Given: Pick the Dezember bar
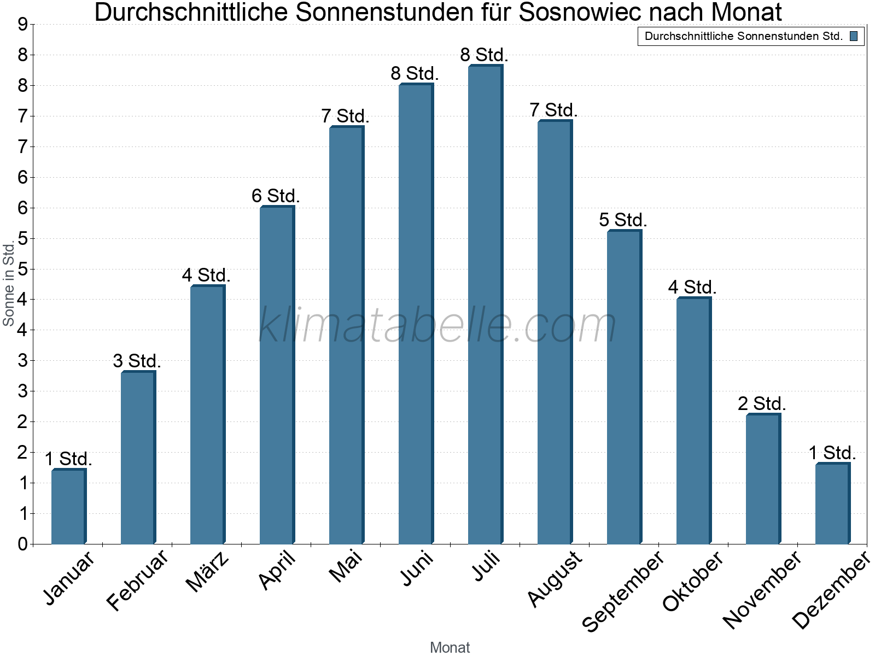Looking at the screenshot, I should coord(832,503).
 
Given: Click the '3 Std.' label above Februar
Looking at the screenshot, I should coord(137,361).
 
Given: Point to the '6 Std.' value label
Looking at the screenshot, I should coord(276,196).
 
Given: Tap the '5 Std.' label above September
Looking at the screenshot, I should coord(623,220).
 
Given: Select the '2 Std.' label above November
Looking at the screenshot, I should coord(762,404).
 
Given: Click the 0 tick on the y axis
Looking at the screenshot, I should coord(22,544).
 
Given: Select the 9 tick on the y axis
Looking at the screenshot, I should coord(22,24).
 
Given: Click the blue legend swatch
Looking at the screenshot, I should coord(854,37).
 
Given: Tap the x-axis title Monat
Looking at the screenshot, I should coord(450,647).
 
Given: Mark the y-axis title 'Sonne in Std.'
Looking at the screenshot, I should coord(9,284).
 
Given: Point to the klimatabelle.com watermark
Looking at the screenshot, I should coord(437,325).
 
